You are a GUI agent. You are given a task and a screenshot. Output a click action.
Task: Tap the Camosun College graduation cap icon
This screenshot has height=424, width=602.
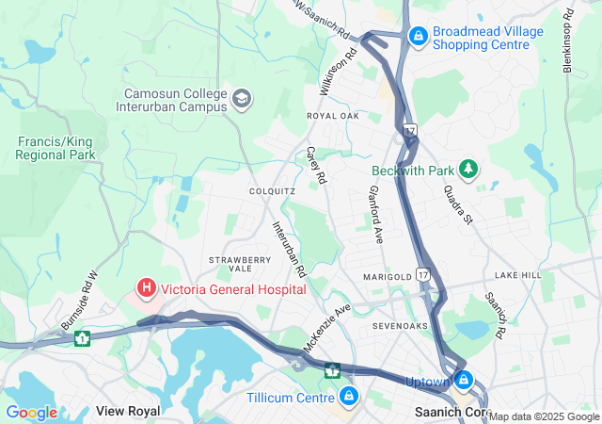tap(242, 98)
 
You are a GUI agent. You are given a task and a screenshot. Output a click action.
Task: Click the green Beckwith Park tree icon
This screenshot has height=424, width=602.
tap(467, 170)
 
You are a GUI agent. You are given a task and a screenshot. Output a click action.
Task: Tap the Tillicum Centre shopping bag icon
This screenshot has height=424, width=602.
tap(350, 397)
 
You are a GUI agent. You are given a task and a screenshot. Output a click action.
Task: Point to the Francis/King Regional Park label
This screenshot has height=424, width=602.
tap(55, 148)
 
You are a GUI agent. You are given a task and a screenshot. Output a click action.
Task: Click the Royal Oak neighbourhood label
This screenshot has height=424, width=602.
tap(333, 116)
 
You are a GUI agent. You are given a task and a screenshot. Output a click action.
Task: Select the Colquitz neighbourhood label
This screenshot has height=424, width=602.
tap(273, 190)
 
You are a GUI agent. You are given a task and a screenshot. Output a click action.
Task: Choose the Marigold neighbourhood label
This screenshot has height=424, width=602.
tap(388, 276)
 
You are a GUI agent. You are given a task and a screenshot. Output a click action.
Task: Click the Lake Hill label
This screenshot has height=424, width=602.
tap(518, 275)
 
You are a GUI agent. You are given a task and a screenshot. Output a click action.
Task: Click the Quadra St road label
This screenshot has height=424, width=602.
tap(459, 198)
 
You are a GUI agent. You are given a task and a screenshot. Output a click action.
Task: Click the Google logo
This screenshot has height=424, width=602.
tap(31, 413)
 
